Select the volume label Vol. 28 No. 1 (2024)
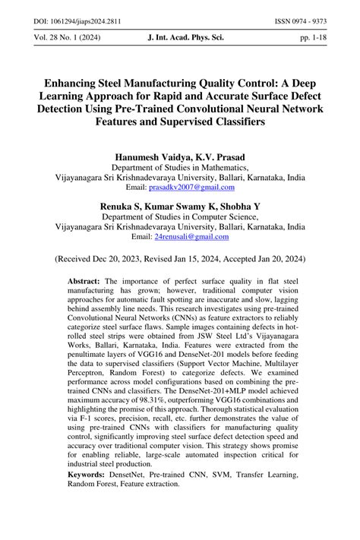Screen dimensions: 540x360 pos(62,36)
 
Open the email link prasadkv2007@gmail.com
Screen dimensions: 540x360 pos(191,187)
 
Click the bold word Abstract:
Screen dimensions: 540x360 pos(84,280)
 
